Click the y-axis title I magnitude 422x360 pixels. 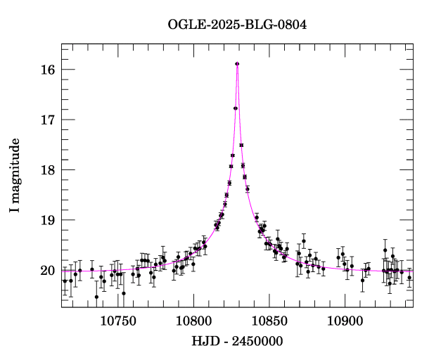(x=15, y=176)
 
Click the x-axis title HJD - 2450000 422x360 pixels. (x=237, y=341)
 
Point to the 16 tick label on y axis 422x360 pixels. (x=49, y=70)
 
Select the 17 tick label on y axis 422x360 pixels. (x=49, y=120)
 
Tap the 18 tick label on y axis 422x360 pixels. (x=49, y=170)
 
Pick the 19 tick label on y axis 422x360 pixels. (x=49, y=220)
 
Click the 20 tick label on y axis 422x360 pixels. (x=49, y=271)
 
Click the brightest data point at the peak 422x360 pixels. (x=237, y=64)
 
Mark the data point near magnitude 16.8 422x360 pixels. (x=236, y=108)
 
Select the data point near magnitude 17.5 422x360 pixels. (x=241, y=145)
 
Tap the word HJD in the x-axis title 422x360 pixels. (x=204, y=341)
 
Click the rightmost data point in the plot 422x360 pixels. (x=409, y=277)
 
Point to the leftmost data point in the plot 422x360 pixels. (x=65, y=281)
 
